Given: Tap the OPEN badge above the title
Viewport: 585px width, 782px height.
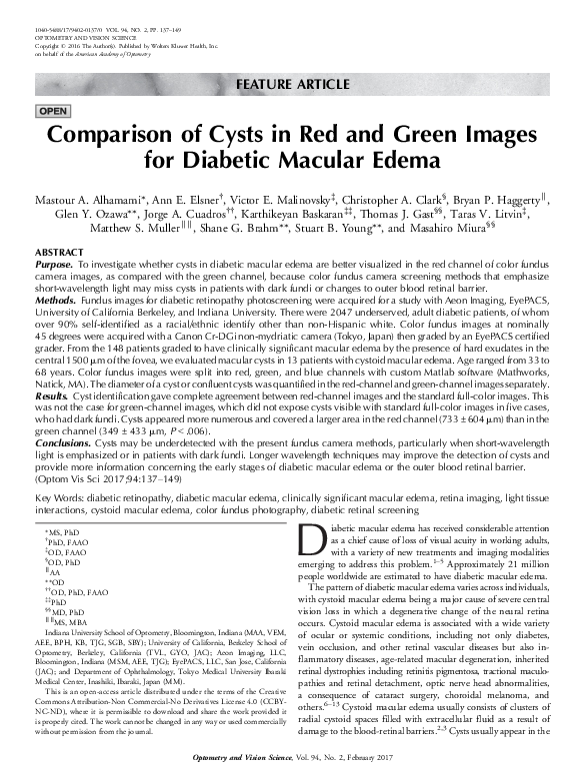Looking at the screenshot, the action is click(51, 110).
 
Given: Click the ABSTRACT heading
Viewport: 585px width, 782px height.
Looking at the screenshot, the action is click(59, 253).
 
